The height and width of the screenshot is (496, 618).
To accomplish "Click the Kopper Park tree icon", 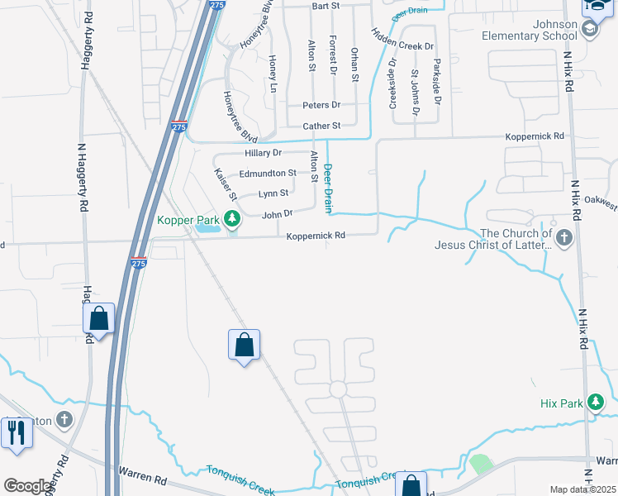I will point(234,219).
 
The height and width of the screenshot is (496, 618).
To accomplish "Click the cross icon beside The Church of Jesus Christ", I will point(564,239).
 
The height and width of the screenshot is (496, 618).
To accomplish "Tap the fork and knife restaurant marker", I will point(16,432).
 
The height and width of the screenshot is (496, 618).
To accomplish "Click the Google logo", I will point(28,486).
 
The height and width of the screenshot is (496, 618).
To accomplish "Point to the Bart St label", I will point(326,6).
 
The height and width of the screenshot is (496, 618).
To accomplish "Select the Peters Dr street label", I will point(321,105).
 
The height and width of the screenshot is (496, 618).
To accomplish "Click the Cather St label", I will point(321,126).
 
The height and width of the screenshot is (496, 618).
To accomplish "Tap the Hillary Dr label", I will point(264,153).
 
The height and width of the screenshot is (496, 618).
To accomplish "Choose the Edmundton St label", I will point(267,174).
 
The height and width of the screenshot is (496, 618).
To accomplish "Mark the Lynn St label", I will point(273,193).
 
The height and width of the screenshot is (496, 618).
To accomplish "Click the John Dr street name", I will point(277,214).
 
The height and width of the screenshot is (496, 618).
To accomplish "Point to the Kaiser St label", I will point(226,184).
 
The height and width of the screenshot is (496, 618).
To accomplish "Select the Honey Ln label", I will point(273,70).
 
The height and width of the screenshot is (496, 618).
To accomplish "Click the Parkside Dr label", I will point(437,81).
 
